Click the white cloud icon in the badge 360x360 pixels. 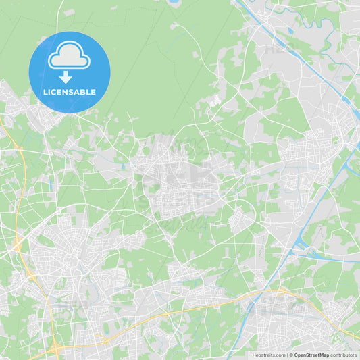pyautogui.click(x=69, y=56)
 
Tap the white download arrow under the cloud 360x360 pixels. pyautogui.click(x=66, y=78)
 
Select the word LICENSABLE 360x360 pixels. pyautogui.click(x=69, y=92)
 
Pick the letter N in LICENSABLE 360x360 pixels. pyautogui.click(x=68, y=92)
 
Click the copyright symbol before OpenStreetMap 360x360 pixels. pyautogui.click(x=291, y=355)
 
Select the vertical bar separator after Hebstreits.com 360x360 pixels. pyautogui.click(x=286, y=355)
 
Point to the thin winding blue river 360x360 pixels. pyautogui.click(x=317, y=27)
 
